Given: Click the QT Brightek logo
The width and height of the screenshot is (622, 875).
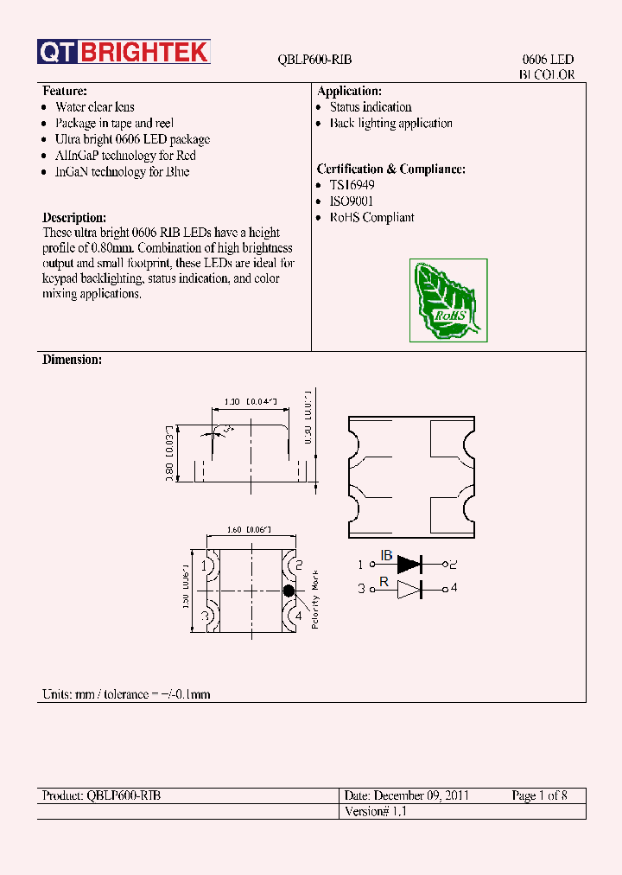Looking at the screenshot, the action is pyautogui.click(x=124, y=53).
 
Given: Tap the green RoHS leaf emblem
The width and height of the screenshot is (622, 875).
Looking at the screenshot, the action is pyautogui.click(x=448, y=300).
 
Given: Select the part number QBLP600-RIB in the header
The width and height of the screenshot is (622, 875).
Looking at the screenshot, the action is pyautogui.click(x=314, y=60).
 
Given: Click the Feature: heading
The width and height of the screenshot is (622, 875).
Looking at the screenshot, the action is pyautogui.click(x=65, y=91).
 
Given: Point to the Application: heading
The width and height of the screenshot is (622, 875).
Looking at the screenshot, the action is pyautogui.click(x=349, y=91).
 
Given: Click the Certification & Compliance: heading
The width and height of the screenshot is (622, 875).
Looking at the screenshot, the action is pyautogui.click(x=390, y=169).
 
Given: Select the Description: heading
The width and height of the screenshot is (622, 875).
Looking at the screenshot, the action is pyautogui.click(x=74, y=218).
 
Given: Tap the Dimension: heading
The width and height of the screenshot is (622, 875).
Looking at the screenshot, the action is pyautogui.click(x=72, y=360).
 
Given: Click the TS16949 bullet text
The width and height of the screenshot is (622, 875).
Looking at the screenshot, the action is pyautogui.click(x=352, y=185).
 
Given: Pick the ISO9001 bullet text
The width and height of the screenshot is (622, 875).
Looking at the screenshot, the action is pyautogui.click(x=352, y=201).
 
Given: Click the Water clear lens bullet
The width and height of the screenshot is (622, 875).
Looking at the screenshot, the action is pyautogui.click(x=94, y=107).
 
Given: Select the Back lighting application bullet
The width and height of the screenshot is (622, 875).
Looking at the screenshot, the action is pyautogui.click(x=390, y=124).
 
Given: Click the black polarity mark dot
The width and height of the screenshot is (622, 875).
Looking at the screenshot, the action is pyautogui.click(x=288, y=591).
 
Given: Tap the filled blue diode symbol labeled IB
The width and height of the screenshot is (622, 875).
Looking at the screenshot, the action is pyautogui.click(x=409, y=565).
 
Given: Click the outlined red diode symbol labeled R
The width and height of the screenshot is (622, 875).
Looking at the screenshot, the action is pyautogui.click(x=409, y=590).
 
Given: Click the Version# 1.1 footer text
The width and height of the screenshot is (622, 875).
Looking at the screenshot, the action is pyautogui.click(x=375, y=812).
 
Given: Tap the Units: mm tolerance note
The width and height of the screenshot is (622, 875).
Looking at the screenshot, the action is pyautogui.click(x=126, y=694).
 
